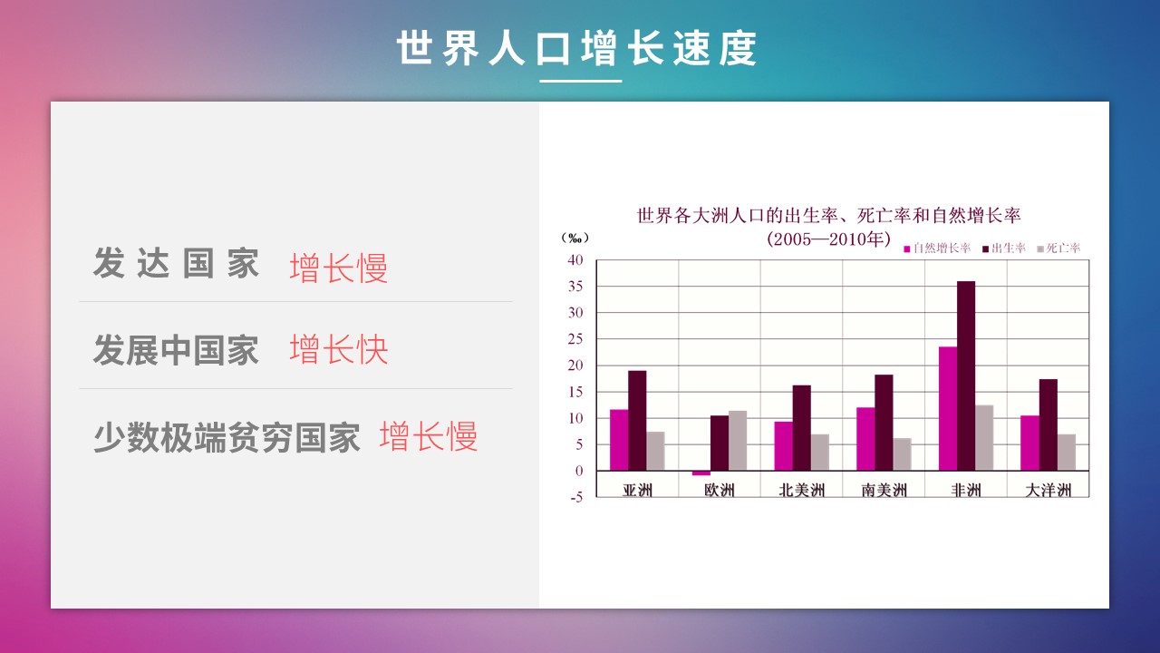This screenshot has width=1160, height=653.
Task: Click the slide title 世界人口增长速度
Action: click(x=577, y=48)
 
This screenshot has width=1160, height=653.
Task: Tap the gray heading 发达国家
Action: click(x=176, y=263)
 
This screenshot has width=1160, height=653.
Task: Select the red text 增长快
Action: click(x=339, y=349)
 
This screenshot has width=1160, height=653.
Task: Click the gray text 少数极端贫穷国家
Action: click(x=227, y=437)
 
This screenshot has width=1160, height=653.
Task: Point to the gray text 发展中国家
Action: click(x=176, y=350)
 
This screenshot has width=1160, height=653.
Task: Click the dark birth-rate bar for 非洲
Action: click(x=966, y=375)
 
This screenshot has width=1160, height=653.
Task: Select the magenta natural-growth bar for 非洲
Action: click(x=948, y=408)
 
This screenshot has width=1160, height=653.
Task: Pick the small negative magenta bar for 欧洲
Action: click(x=701, y=473)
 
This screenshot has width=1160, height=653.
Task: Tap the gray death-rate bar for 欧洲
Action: click(x=738, y=441)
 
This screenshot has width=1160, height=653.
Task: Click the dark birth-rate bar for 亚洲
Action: click(x=637, y=420)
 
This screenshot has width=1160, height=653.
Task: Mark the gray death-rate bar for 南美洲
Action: click(x=902, y=454)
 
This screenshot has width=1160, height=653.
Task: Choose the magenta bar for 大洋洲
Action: click(x=1029, y=443)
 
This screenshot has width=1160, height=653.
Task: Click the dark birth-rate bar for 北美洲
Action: click(x=802, y=427)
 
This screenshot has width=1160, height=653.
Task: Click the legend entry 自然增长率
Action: click(x=937, y=249)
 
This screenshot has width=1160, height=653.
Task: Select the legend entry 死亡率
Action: click(x=1059, y=249)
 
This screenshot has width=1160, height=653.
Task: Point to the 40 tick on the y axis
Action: click(x=575, y=259)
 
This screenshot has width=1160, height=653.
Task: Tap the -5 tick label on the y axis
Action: click(x=576, y=497)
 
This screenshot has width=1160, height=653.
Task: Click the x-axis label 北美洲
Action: click(x=802, y=490)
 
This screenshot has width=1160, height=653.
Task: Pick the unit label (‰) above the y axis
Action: click(x=575, y=238)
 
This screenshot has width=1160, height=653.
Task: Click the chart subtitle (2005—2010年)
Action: click(x=828, y=239)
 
